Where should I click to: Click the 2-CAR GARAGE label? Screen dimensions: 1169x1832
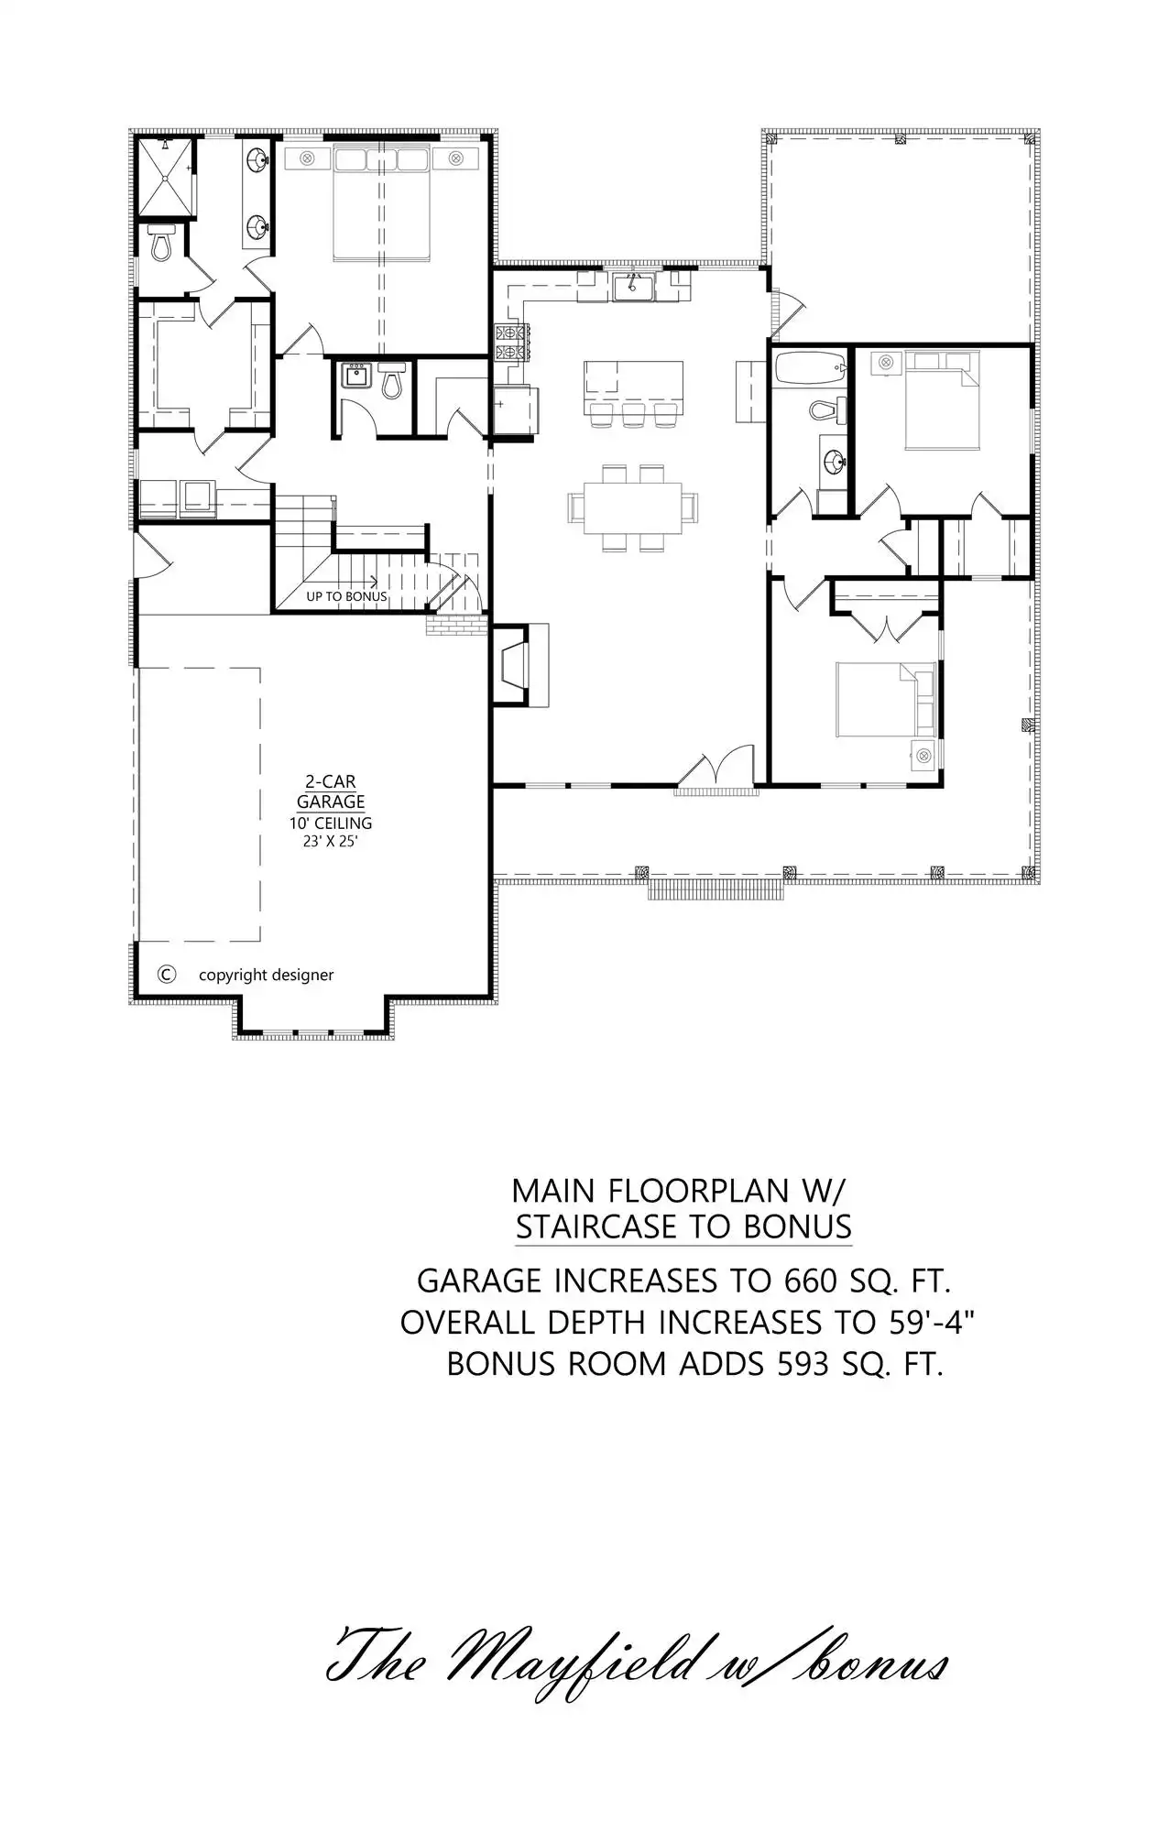(x=331, y=791)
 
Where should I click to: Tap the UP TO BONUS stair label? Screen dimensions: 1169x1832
(x=346, y=596)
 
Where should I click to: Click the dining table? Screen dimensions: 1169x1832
(x=633, y=507)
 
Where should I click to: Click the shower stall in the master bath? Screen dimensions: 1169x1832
(x=166, y=178)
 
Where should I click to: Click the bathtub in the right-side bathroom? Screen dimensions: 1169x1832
(x=809, y=368)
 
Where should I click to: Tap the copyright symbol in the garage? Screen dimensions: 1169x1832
(x=167, y=975)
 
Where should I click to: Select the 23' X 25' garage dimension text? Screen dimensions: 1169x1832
(x=330, y=841)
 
